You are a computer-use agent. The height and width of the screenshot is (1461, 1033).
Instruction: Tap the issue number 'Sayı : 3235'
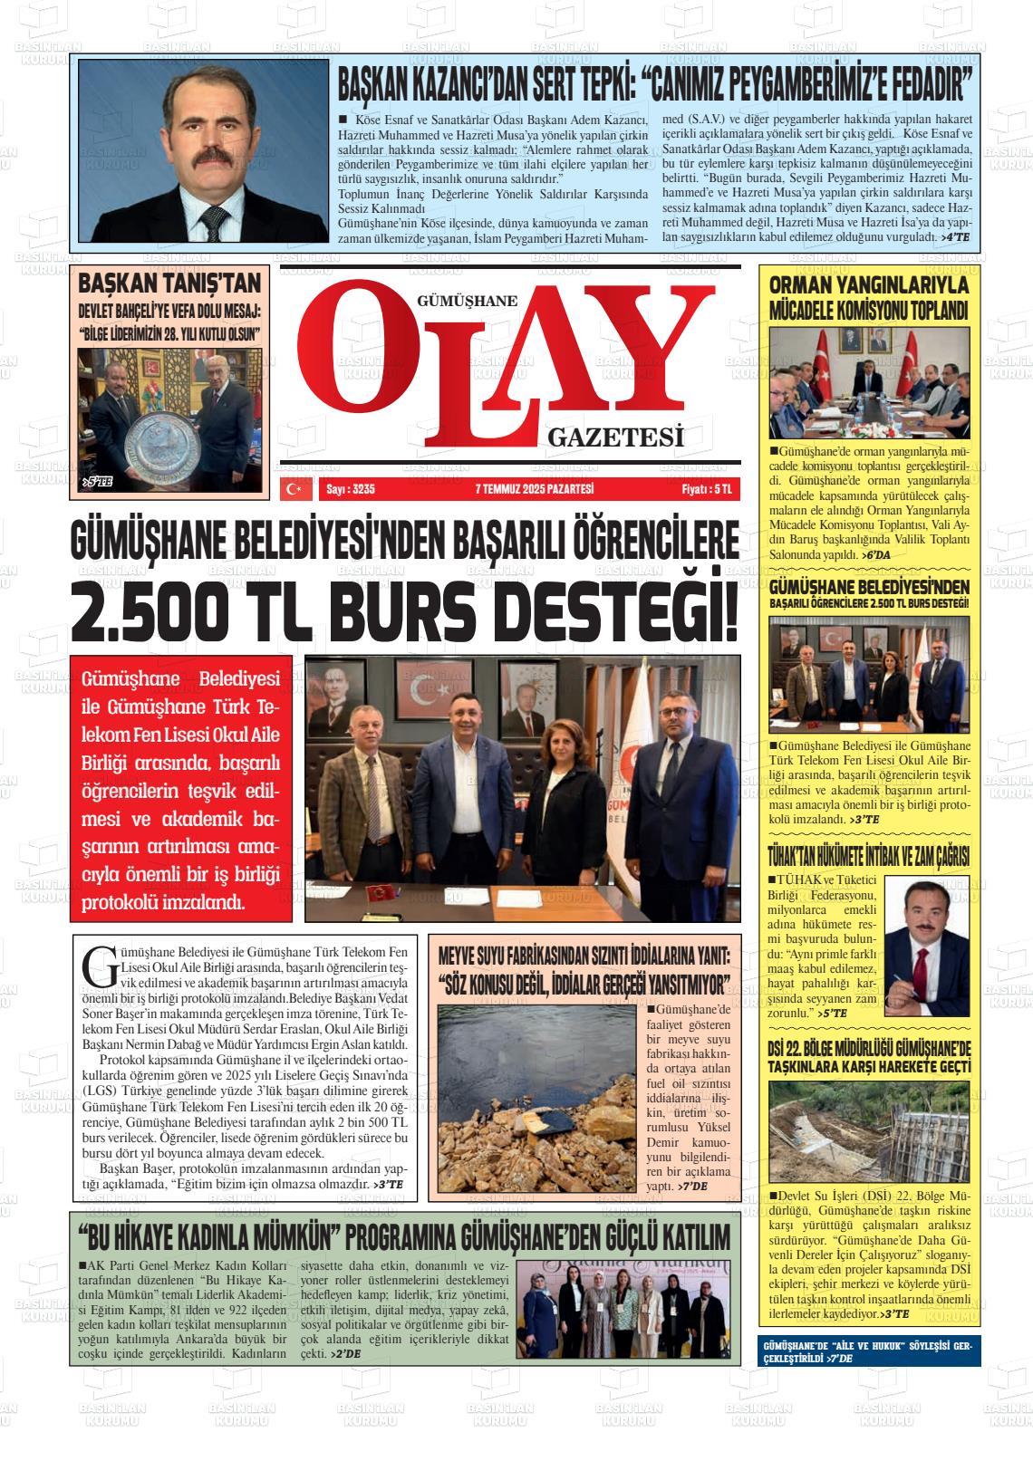pos(350,489)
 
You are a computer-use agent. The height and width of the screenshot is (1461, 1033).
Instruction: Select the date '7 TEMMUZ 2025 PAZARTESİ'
pos(534,489)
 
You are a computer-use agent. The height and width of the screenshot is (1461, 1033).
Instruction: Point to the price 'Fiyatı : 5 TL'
pos(706,489)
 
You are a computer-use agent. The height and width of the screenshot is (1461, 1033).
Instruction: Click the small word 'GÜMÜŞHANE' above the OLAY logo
pos(468,303)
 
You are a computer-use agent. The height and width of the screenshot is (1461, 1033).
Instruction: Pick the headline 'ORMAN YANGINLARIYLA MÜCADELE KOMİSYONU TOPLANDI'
pos(868,298)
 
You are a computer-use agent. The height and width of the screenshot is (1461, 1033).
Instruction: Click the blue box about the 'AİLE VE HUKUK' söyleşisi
pos(868,1352)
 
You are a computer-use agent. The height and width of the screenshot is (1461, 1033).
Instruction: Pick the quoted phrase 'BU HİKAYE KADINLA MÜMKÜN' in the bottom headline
pos(208,1236)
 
